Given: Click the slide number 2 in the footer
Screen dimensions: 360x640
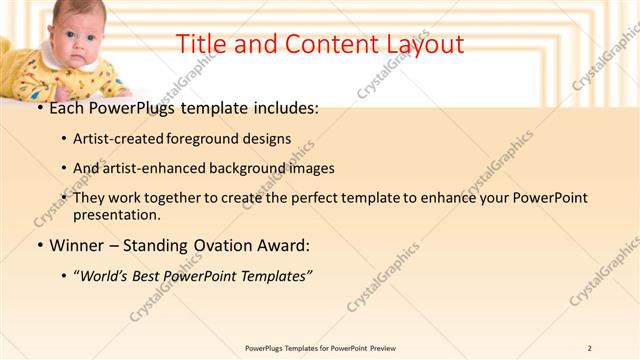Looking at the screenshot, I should (x=590, y=347).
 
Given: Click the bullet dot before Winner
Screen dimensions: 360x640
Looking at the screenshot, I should (x=39, y=245).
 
